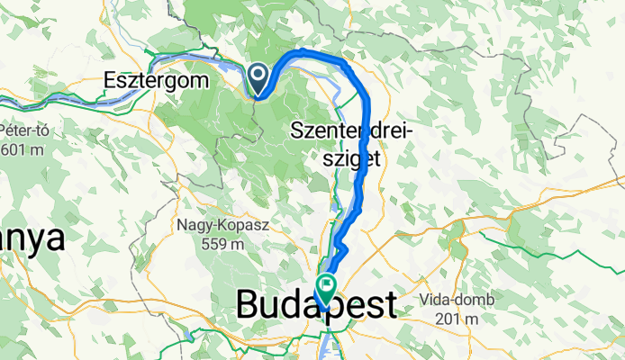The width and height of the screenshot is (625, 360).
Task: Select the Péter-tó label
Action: coord(23,130)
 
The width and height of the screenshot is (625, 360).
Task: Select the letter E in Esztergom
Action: coord(111,79)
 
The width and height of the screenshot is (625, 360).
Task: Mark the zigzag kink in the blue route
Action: coord(342,247)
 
